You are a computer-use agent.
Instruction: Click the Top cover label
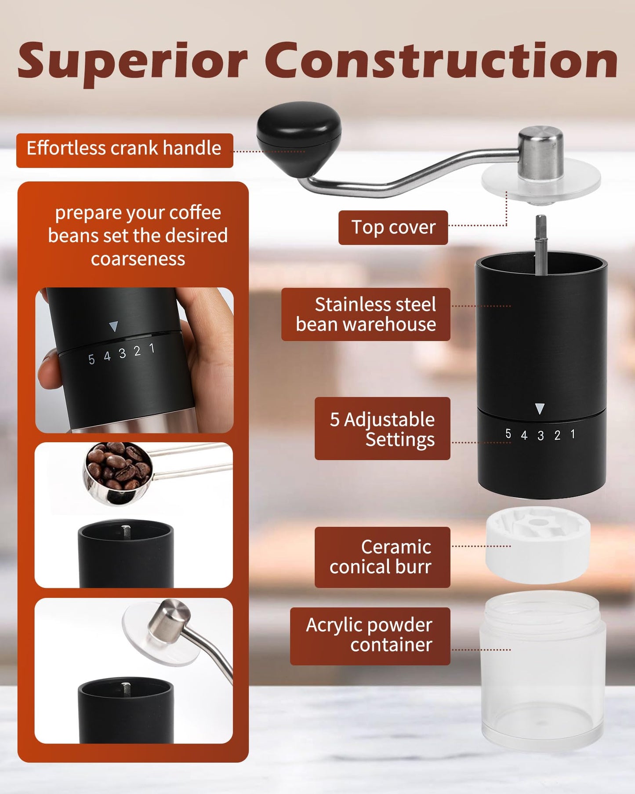pyautogui.click(x=393, y=227)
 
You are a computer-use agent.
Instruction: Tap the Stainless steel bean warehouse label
pyautogui.click(x=366, y=314)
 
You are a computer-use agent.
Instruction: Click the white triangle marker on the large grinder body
pyautogui.click(x=540, y=409)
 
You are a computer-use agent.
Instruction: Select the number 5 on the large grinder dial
pyautogui.click(x=508, y=434)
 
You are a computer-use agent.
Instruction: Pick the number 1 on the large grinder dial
pyautogui.click(x=573, y=434)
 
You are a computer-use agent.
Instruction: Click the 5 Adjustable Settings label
pyautogui.click(x=382, y=429)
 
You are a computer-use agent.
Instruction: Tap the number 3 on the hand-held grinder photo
pyautogui.click(x=122, y=353)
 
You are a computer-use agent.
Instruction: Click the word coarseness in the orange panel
pyautogui.click(x=138, y=259)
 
